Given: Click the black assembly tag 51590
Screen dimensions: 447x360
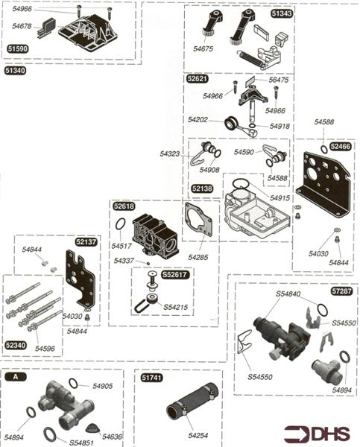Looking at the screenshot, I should click(19, 48).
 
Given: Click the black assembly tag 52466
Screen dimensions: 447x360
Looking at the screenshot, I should click(340, 148).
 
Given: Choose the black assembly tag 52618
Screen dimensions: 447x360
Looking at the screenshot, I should click(124, 206).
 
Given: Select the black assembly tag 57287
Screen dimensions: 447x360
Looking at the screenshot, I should click(341, 291).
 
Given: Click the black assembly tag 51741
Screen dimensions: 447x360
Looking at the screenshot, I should click(152, 378).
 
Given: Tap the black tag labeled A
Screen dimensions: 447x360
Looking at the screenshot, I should click(15, 377).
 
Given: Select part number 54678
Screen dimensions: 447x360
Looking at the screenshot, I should click(22, 26).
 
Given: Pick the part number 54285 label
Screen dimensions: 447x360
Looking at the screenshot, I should click(199, 257).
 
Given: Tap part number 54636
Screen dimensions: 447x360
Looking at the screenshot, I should click(113, 437).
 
